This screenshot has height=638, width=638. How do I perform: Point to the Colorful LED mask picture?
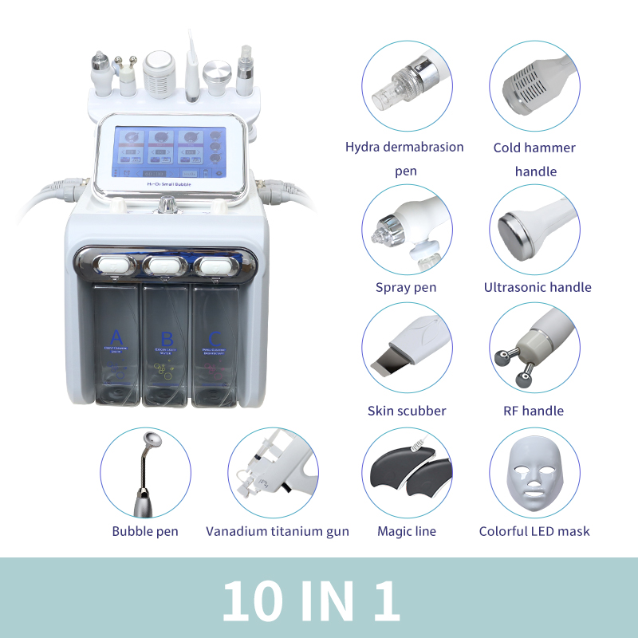(534, 473)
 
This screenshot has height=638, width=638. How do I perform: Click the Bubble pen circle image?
(145, 473)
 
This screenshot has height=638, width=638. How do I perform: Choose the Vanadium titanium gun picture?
(273, 473)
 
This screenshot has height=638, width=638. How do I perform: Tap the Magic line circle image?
(407, 473)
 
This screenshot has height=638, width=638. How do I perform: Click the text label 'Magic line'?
(407, 531)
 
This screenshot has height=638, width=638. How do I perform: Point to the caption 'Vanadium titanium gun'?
(277, 531)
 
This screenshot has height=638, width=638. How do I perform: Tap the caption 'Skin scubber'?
(407, 411)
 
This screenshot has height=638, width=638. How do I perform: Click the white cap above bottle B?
(166, 264)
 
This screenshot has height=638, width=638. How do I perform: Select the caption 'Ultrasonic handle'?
(538, 287)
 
